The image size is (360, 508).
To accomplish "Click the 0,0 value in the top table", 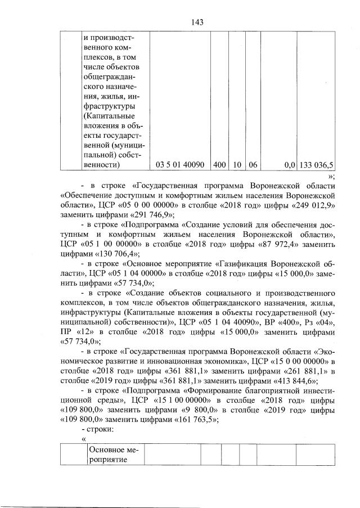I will tap(290, 164).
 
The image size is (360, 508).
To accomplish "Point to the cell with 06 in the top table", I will tap(253, 164).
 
